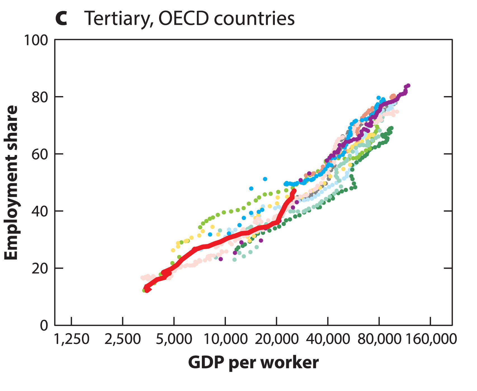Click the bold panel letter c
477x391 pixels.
click(61, 19)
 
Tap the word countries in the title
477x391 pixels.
click(254, 19)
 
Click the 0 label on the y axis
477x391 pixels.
click(44, 326)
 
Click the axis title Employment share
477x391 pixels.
click(11, 183)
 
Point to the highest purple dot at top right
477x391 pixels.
click(408, 85)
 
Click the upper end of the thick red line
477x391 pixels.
click(294, 191)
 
